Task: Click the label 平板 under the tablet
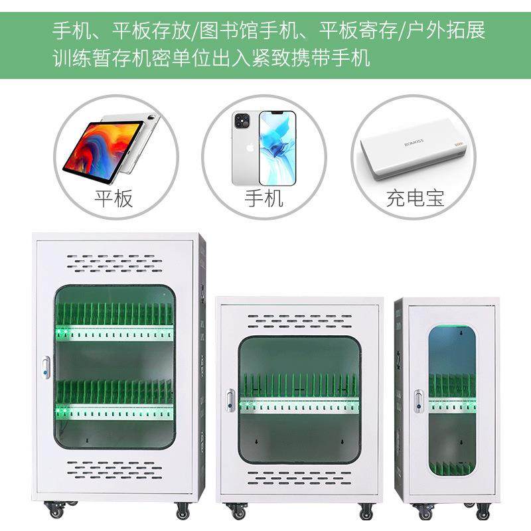click(114, 198)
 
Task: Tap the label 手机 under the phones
click(264, 198)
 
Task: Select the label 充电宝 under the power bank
click(415, 198)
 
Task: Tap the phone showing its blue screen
click(277, 147)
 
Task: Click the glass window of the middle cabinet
click(299, 398)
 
